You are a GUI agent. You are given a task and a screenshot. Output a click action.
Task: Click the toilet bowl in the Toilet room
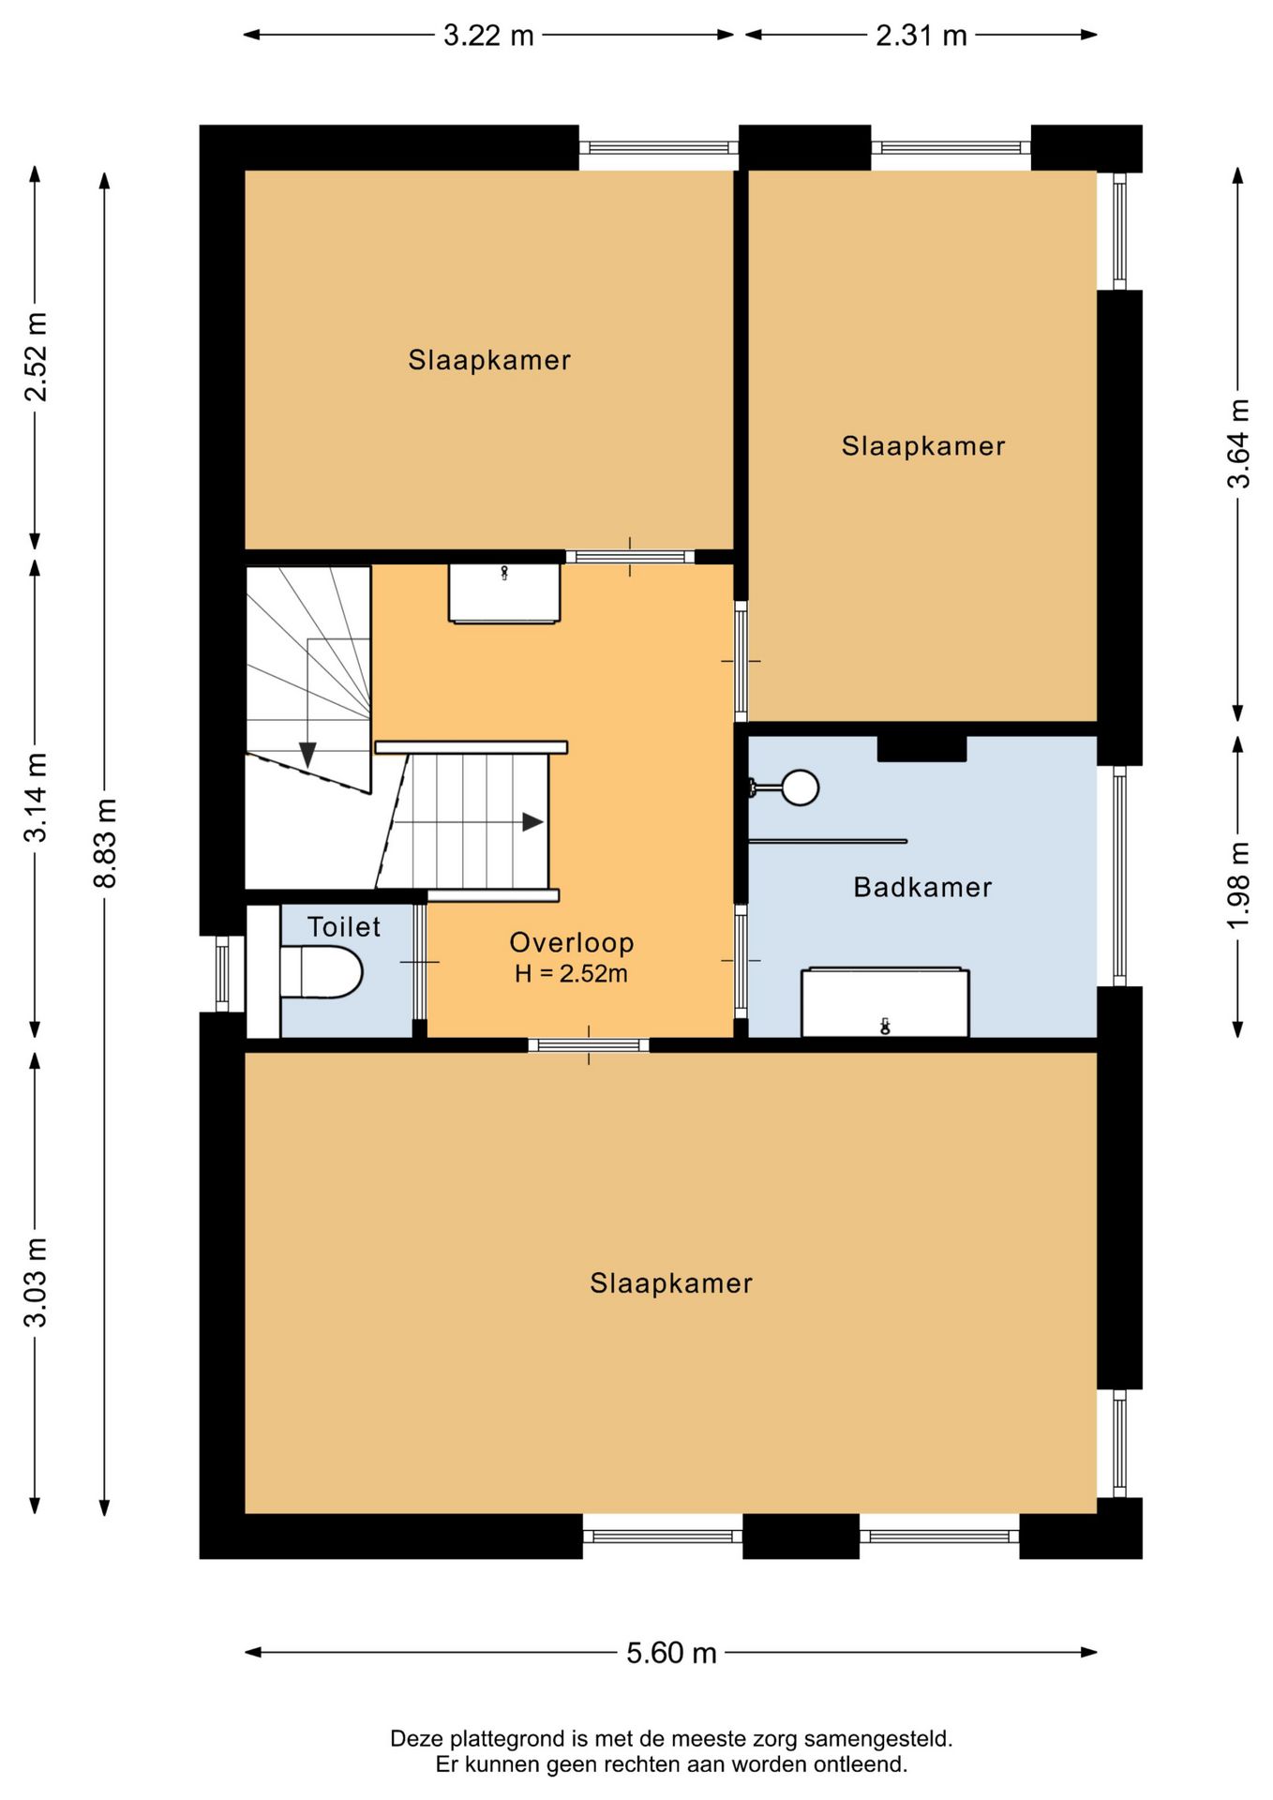coord(321,972)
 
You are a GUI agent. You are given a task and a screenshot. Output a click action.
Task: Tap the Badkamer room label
coord(922,887)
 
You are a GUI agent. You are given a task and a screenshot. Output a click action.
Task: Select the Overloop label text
coord(572,942)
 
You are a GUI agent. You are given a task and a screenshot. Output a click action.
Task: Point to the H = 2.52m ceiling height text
coord(571,973)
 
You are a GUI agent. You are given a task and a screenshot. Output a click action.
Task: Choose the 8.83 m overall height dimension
coord(105,844)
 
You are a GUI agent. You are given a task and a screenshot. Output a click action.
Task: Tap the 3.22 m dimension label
coord(488,36)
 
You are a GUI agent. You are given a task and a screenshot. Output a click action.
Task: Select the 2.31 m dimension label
coord(921,36)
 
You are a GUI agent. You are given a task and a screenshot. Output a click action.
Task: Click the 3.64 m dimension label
coord(1238,443)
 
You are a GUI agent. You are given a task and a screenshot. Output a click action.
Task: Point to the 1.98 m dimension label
coord(1238,886)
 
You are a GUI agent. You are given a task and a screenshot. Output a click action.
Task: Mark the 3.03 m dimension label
coord(36,1282)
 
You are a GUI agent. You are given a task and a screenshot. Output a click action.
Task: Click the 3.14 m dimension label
coord(36,798)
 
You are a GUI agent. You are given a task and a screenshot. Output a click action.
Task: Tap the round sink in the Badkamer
coord(800,787)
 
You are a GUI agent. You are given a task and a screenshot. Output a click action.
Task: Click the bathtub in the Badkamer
coord(885,1002)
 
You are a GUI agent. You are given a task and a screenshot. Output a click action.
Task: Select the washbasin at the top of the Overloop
coord(504,592)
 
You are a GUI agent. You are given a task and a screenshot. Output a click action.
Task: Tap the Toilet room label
coord(344,927)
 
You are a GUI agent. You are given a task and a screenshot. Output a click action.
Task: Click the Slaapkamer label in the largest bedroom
coord(671,1283)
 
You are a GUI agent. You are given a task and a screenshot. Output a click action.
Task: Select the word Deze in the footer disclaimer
coord(413,1739)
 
